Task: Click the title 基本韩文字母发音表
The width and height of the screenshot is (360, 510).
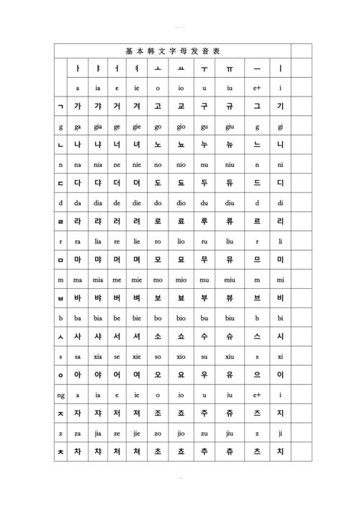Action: [173, 51]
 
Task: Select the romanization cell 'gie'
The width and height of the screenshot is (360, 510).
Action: [137, 127]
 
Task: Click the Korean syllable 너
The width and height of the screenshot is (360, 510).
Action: [117, 144]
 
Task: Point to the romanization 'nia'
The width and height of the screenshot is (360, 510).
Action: [97, 164]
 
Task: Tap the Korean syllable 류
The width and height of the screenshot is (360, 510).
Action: [230, 221]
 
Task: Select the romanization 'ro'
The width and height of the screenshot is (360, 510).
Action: [158, 241]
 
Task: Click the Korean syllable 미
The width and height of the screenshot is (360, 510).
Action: [281, 259]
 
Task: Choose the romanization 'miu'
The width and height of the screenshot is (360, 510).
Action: [230, 279]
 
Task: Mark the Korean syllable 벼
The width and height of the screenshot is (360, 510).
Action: [137, 298]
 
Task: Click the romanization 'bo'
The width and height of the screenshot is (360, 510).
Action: [158, 318]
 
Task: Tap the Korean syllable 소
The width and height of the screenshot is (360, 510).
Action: [158, 336]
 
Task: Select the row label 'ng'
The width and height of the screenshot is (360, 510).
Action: [60, 395]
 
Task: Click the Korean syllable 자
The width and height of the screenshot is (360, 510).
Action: [77, 413]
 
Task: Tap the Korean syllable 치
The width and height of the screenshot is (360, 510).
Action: [281, 452]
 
